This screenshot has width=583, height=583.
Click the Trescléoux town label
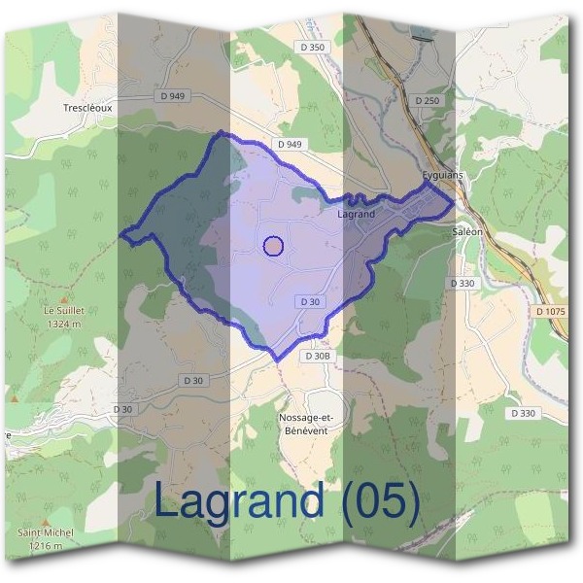pyautogui.click(x=87, y=108)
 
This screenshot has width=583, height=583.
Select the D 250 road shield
pyautogui.click(x=427, y=100)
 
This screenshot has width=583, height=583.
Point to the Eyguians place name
pyautogui.click(x=443, y=175)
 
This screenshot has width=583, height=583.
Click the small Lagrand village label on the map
pyautogui.click(x=356, y=213)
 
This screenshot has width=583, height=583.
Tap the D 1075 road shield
pyautogui.click(x=550, y=311)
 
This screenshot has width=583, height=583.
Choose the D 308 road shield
pyautogui.click(x=318, y=356)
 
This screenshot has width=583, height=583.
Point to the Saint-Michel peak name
pyautogui.click(x=46, y=533)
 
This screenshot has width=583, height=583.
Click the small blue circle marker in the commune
pyautogui.click(x=273, y=246)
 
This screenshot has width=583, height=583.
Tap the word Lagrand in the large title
pyautogui.click(x=239, y=501)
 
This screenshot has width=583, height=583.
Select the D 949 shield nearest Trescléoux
pyautogui.click(x=171, y=96)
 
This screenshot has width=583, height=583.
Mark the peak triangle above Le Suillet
pyautogui.click(x=64, y=297)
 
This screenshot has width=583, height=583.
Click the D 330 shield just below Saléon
pyautogui.click(x=463, y=282)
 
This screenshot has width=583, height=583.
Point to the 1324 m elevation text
pyautogui.click(x=61, y=323)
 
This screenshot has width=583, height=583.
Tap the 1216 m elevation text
pyautogui.click(x=46, y=545)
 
